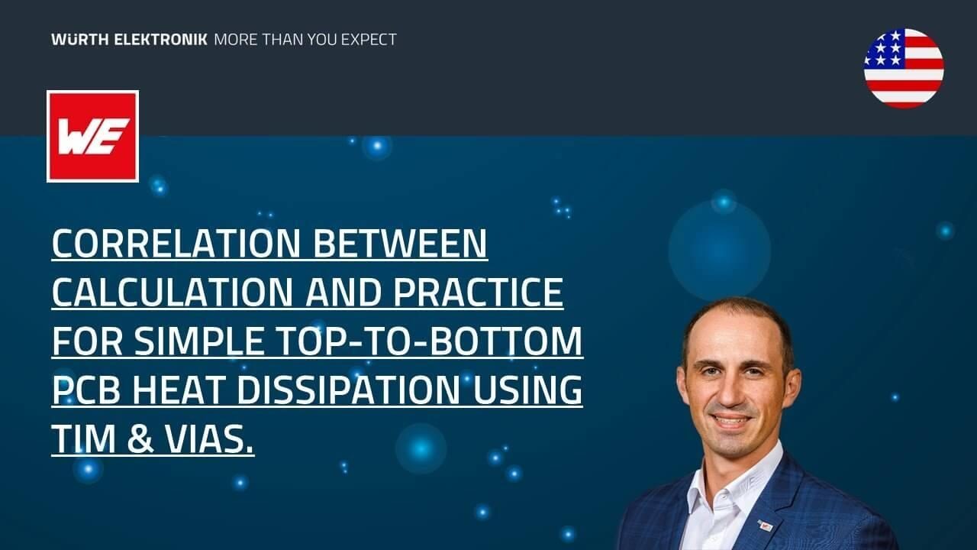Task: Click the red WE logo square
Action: [x=92, y=136]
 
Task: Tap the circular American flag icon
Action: [x=904, y=68]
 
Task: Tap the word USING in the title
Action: [x=527, y=390]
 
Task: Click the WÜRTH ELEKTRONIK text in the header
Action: [x=129, y=39]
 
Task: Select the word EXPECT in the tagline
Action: [x=363, y=39]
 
